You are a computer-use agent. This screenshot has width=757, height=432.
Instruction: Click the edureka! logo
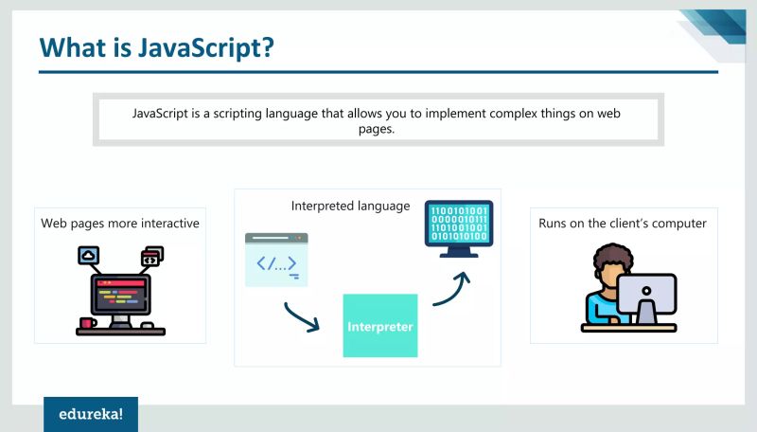[90, 414]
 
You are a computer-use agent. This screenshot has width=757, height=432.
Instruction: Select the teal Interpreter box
[379, 326]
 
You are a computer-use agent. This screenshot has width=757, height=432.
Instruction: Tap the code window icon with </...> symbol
[276, 259]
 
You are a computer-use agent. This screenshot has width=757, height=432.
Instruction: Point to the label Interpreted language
[350, 206]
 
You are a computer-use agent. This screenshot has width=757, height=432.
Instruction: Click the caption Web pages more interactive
[119, 224]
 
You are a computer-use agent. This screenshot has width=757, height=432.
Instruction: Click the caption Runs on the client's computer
[623, 224]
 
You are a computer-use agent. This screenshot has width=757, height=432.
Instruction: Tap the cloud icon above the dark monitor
[89, 255]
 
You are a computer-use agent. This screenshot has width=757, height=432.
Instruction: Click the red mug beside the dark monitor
[87, 323]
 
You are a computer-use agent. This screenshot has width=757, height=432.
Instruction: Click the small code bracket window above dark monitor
[151, 256]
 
